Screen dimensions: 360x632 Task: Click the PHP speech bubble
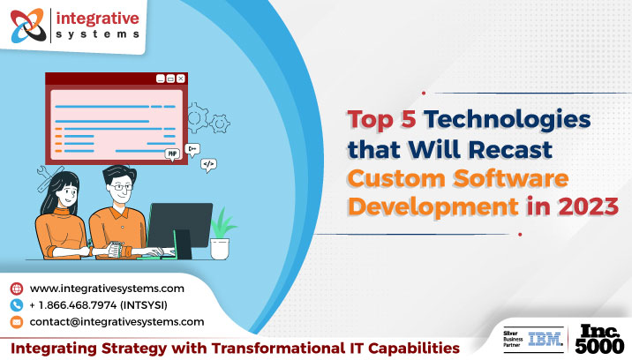coord(173,154)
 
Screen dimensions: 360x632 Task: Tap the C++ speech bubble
coord(192,149)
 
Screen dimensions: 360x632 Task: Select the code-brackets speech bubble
coord(209,163)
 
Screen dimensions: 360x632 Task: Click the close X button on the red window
coord(181,79)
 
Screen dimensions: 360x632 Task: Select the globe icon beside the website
coord(16,289)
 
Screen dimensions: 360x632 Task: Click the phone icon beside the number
coord(16,305)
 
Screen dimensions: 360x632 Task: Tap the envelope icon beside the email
coord(16,322)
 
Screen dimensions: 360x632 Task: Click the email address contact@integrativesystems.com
coord(117,322)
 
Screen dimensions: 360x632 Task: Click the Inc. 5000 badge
coord(602,339)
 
